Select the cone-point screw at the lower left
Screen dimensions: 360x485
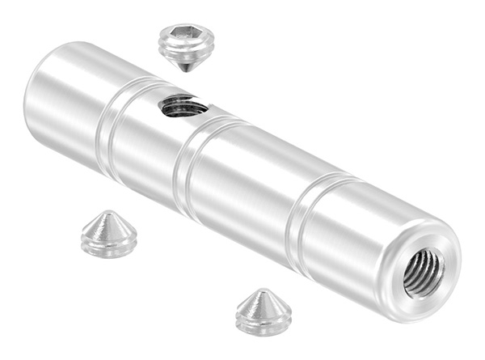(109, 235)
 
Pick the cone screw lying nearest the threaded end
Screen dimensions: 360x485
(264, 312)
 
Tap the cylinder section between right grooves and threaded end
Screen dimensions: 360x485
(356, 243)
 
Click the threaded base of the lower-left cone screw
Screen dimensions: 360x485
(109, 245)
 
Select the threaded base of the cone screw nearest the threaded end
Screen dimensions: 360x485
(264, 322)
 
